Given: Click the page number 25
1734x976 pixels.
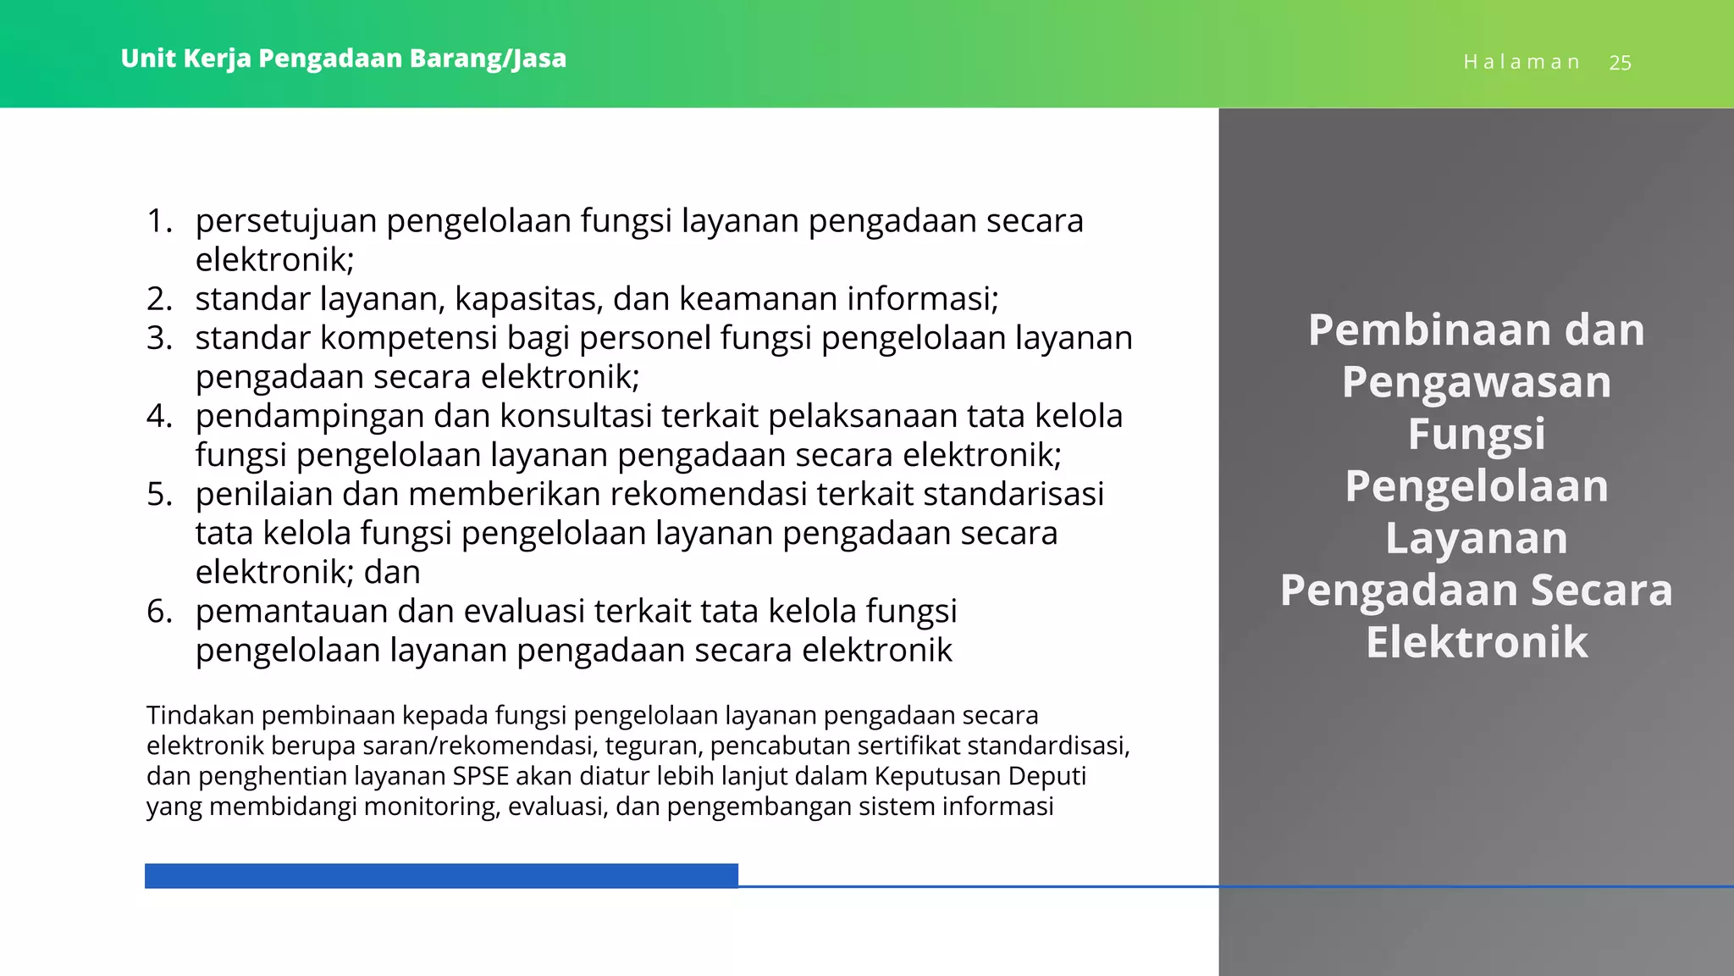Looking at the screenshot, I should pos(1620,63).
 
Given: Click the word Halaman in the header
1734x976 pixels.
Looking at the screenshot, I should pos(1521,63).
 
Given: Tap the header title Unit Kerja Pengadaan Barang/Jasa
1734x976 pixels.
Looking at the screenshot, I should pos(343,58).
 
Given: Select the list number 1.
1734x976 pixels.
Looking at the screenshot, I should pos(158,220).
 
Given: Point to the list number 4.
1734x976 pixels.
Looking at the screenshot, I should pos(158,416).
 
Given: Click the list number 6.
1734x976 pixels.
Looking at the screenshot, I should pos(158,611).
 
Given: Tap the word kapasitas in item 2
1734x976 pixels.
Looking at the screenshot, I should pos(528,299).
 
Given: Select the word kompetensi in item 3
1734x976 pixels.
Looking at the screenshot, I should pos(408,338).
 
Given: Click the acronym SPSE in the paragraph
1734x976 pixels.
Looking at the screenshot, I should pos(480,776).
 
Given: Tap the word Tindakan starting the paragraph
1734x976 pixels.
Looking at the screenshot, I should pos(200,715).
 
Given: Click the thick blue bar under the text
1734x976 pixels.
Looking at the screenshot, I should pos(441,876).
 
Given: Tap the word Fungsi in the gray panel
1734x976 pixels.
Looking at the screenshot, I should pos(1476,434).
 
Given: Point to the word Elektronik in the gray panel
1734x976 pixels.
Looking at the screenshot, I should pos(1476,642).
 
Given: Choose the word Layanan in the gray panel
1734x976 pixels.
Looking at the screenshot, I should pos(1476,538).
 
